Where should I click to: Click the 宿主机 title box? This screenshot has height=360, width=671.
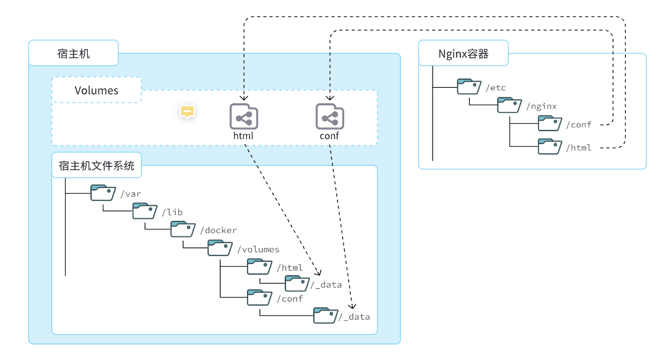[x=73, y=53]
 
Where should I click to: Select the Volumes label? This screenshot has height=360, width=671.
[x=97, y=90]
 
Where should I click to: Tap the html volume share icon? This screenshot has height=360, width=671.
[x=244, y=116]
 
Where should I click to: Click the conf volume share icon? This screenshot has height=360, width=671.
[x=329, y=116]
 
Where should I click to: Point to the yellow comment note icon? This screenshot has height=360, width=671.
[x=188, y=111]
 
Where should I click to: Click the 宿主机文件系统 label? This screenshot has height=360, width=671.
[x=97, y=166]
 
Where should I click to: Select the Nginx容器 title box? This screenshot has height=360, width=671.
[x=464, y=54]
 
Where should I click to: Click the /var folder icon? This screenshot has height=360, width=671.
[x=103, y=192]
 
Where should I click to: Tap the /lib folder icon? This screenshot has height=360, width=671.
[x=145, y=211]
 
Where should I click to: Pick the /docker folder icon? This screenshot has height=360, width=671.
[x=183, y=229]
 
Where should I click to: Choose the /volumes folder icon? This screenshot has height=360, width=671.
[x=220, y=248]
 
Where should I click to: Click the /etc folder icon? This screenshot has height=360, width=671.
[x=469, y=87]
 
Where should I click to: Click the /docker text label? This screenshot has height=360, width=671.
[x=219, y=231]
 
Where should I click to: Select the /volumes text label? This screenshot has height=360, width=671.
[x=258, y=249]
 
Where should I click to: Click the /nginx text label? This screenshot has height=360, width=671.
[x=542, y=106]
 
